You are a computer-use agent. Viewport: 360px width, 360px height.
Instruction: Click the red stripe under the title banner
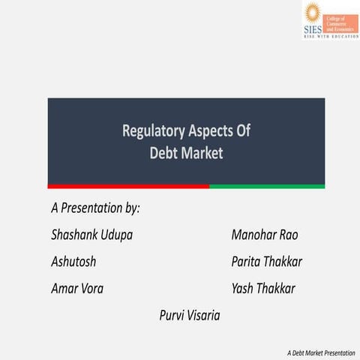point(127,186)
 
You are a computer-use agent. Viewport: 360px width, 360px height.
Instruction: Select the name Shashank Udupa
point(91,235)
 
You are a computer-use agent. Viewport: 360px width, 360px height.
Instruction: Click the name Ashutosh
point(73,262)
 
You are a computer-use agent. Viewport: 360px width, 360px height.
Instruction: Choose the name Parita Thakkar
point(266,262)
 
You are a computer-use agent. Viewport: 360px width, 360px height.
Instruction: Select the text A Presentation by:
point(95,208)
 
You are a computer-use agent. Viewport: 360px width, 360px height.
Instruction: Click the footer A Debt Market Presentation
point(320,352)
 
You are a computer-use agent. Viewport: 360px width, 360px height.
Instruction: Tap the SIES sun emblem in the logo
point(312,13)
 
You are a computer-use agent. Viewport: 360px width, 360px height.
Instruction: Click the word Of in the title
point(241,131)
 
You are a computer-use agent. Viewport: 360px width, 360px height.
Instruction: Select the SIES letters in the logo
point(311,28)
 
